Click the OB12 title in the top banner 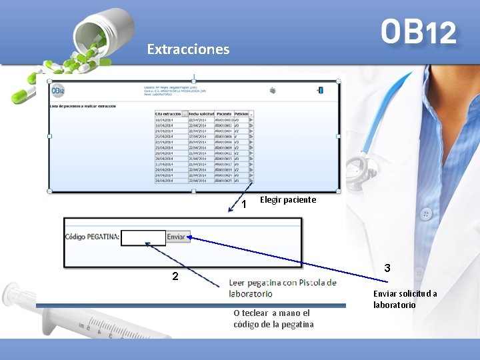pyautogui.click(x=419, y=31)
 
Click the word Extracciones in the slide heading pyautogui.click(x=188, y=49)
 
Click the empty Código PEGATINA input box pyautogui.click(x=144, y=237)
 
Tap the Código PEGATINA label pyautogui.click(x=93, y=237)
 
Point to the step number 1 pyautogui.click(x=244, y=203)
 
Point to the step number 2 pyautogui.click(x=175, y=276)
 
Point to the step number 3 pyautogui.click(x=387, y=269)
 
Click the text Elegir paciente pyautogui.click(x=288, y=199)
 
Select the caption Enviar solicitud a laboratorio pyautogui.click(x=405, y=299)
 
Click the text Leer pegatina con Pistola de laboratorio pyautogui.click(x=282, y=287)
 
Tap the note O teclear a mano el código pyautogui.click(x=273, y=319)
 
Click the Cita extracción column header pyautogui.click(x=168, y=114)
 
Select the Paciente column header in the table pyautogui.click(x=225, y=114)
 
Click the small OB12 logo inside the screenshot pyautogui.click(x=59, y=91)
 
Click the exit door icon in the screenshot pyautogui.click(x=321, y=90)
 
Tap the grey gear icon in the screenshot pyautogui.click(x=273, y=90)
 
